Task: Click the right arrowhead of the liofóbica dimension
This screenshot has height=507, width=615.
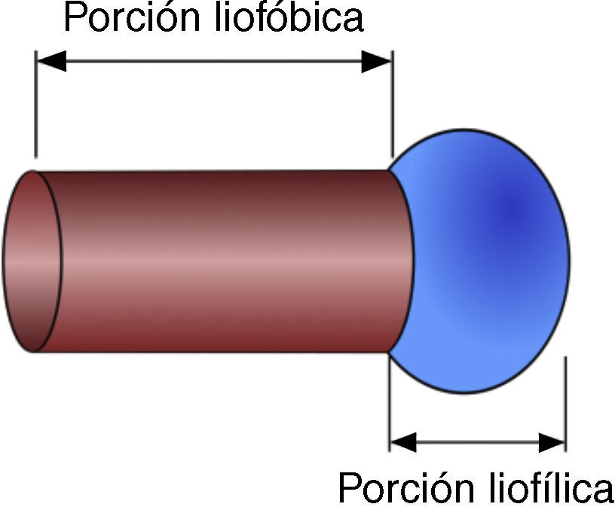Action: click(377, 61)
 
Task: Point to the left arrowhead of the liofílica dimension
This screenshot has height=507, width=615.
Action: click(402, 442)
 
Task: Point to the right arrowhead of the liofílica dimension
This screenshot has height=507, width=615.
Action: click(552, 442)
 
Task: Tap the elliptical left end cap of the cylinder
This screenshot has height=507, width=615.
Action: click(32, 261)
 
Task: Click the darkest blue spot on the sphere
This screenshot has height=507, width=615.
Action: click(512, 207)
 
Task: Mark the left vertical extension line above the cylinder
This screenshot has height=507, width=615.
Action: click(36, 105)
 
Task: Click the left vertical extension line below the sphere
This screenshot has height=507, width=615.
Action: click(389, 407)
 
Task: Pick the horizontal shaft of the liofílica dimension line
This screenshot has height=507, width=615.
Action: click(478, 442)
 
